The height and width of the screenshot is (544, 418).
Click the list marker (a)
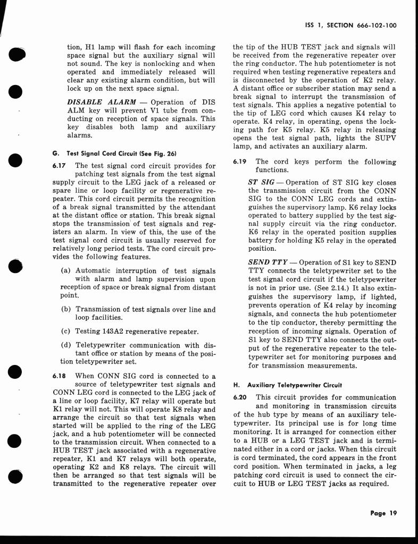[x=66, y=270]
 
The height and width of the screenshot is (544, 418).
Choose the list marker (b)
[x=66, y=309]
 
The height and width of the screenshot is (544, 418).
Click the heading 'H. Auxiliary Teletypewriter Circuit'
[x=288, y=385]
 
